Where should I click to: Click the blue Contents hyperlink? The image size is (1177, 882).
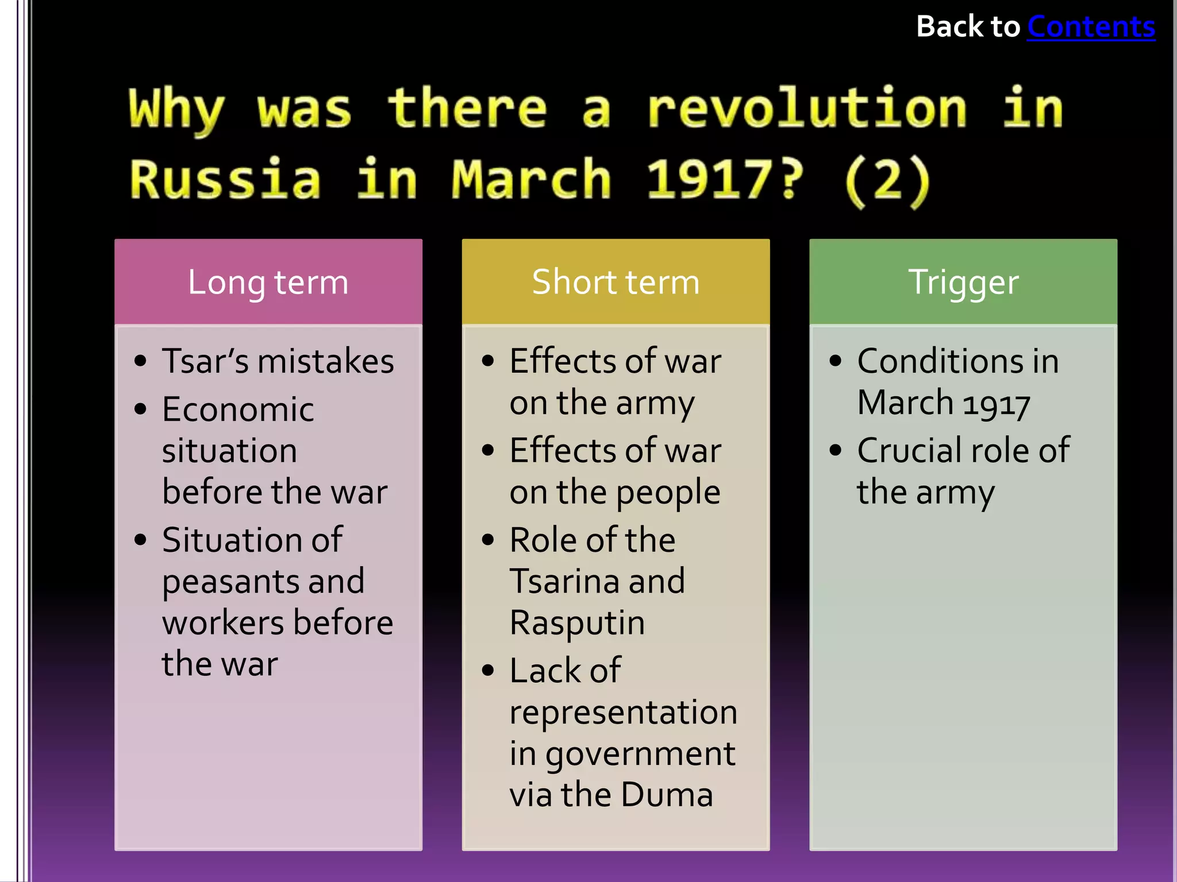[x=1091, y=27]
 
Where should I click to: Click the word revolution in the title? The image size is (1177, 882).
[x=807, y=109]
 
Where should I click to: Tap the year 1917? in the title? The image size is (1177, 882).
[x=725, y=180]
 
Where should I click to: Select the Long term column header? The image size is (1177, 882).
[x=268, y=282]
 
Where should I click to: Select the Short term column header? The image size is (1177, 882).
[x=616, y=282]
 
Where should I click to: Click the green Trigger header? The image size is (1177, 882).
[x=963, y=282]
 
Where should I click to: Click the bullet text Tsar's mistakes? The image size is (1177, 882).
[x=278, y=361]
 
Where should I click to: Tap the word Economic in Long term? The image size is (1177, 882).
[x=238, y=409]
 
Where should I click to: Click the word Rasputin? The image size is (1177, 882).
[x=577, y=623]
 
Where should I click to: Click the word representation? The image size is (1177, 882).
[x=623, y=713]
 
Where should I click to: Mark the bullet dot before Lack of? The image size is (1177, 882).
[x=488, y=670]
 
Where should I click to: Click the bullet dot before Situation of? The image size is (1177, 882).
[x=140, y=540]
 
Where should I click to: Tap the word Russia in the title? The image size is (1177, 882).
[x=225, y=180]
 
